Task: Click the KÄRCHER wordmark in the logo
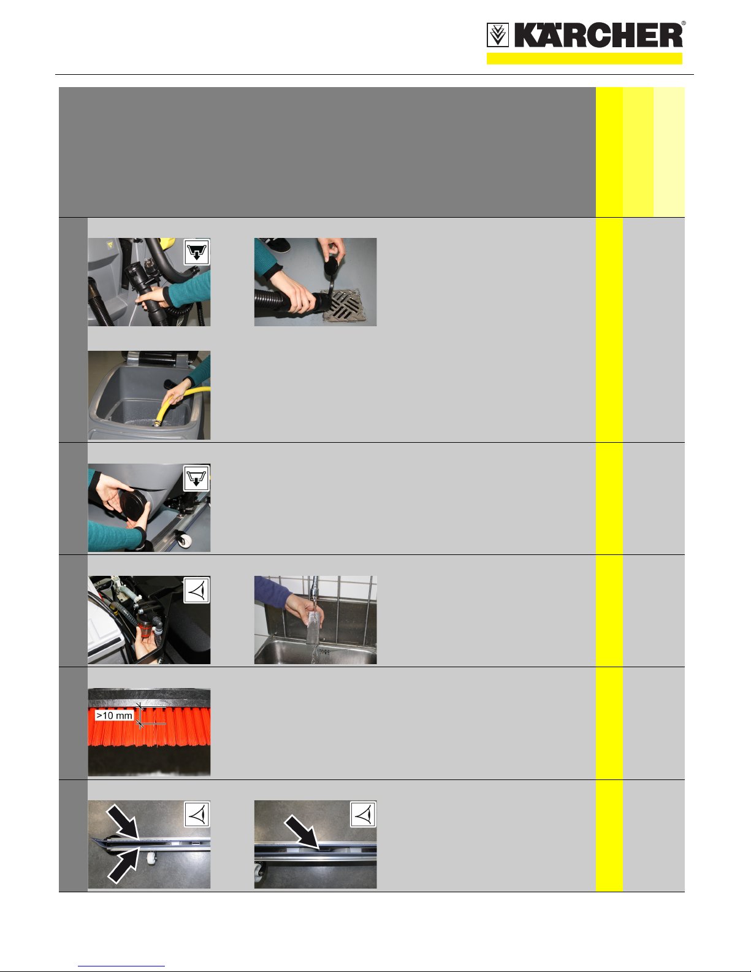tap(598, 36)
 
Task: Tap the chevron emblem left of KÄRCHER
tap(498, 36)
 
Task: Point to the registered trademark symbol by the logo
tap(684, 23)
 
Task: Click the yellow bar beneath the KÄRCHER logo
tap(584, 59)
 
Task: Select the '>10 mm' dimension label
tap(115, 715)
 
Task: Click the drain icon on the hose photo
tap(197, 252)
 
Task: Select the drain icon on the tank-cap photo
tap(197, 478)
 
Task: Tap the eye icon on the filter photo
tap(197, 591)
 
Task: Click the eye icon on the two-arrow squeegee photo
tap(197, 814)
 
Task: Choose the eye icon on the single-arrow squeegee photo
tap(363, 814)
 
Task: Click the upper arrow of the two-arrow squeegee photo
tap(123, 821)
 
